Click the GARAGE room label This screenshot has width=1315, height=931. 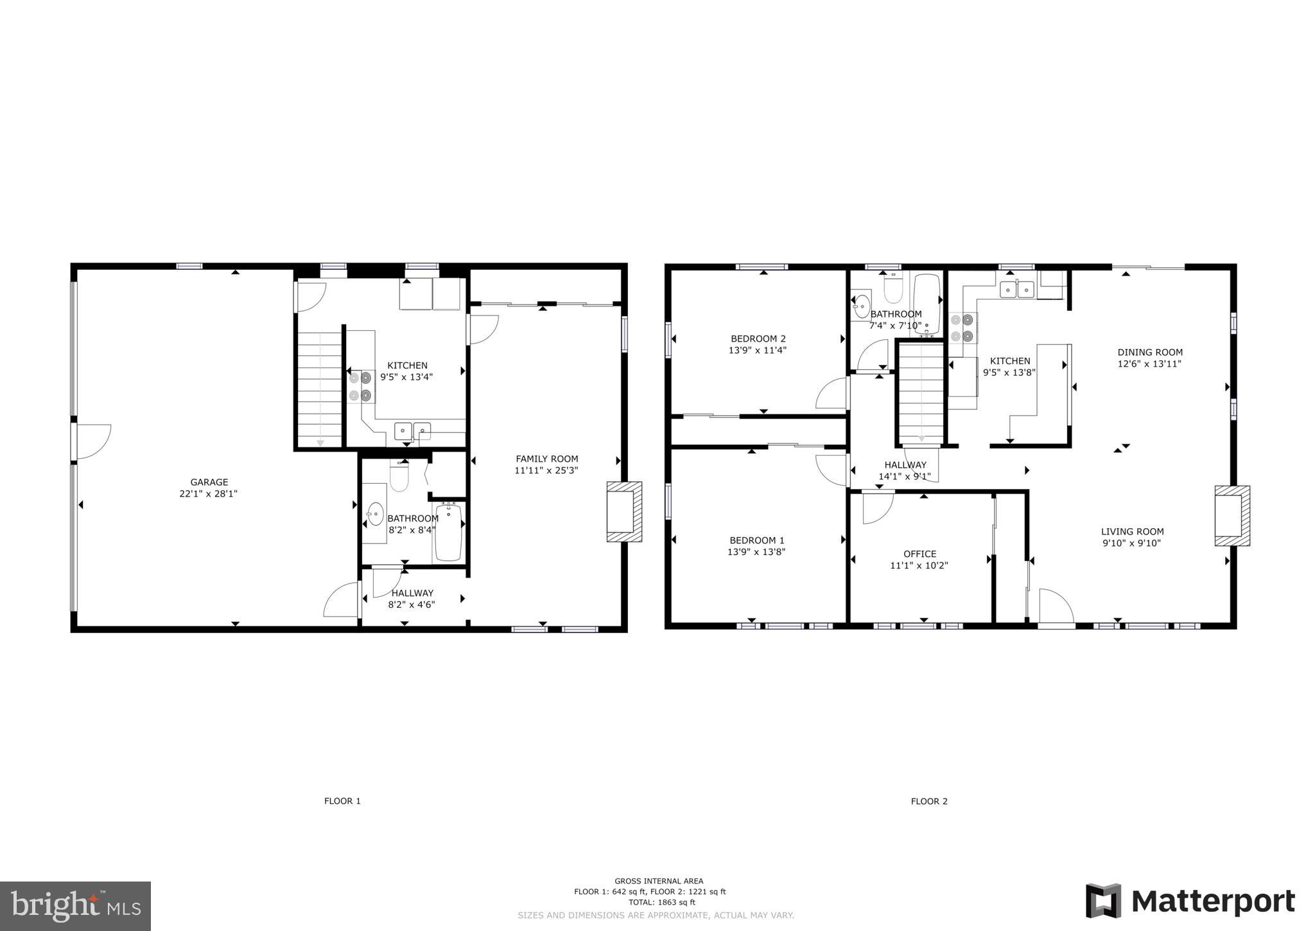tap(209, 482)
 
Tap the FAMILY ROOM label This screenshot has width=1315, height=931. tap(547, 459)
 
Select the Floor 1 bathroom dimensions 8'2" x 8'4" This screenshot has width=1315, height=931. tap(412, 530)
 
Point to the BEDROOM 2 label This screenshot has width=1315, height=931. tap(758, 339)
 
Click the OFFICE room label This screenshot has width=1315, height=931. tap(919, 554)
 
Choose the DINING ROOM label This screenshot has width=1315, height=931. tap(1150, 352)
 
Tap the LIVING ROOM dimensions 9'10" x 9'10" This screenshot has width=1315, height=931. tap(1131, 543)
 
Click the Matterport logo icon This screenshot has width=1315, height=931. tap(1103, 901)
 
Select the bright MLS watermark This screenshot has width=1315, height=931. tap(76, 906)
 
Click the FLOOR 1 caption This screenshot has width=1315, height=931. tap(342, 801)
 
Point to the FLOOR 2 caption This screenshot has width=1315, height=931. tap(929, 801)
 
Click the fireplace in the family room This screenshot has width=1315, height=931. tap(624, 511)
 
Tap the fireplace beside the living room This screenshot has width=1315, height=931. tap(1232, 516)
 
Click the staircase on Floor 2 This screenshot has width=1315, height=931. tap(921, 393)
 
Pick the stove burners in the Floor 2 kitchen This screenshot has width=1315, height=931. tap(962, 327)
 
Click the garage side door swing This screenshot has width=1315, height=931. tap(94, 441)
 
